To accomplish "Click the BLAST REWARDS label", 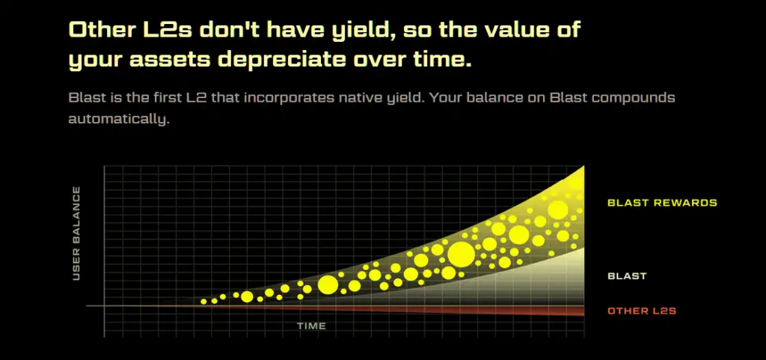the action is coord(662,203).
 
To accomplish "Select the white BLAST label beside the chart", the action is coord(627,276).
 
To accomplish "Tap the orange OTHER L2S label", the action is coord(642,311).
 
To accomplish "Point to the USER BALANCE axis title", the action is coord(76,234).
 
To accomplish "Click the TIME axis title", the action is coord(311,326).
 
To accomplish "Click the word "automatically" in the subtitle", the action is coord(119,119).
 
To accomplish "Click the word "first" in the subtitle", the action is coord(161,98).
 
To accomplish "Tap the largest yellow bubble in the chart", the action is coord(461,254).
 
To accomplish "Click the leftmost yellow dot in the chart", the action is coord(203,302).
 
